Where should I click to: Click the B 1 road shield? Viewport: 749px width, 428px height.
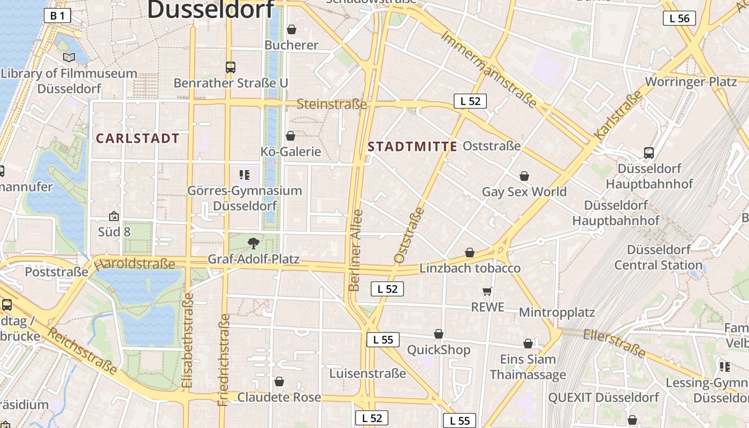coord(57,16)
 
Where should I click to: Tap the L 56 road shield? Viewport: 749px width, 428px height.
coord(679,18)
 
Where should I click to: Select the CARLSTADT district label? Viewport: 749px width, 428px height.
coord(137,139)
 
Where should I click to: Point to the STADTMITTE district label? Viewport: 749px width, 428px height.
coord(412,147)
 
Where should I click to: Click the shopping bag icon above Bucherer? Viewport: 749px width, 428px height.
coord(292,29)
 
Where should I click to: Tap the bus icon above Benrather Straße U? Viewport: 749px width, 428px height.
coord(231,67)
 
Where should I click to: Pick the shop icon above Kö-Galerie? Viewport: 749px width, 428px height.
coord(291,136)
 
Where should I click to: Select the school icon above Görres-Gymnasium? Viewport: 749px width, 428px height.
coord(244,175)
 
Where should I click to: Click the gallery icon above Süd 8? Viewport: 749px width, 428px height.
coord(114,216)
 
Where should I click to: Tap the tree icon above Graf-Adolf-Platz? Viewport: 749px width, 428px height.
coord(254,244)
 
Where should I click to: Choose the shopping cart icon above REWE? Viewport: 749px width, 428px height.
coord(487,292)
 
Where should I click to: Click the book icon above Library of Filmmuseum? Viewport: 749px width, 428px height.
coord(68,58)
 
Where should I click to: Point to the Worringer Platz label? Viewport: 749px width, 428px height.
coord(691,82)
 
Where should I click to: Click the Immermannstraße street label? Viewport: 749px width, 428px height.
coord(488,68)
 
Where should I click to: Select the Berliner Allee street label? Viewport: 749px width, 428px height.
coord(356,250)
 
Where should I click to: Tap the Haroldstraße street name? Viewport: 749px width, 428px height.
coord(134,264)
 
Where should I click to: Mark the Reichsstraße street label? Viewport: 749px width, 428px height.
coord(82,351)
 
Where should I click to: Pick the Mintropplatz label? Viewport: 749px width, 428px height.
coord(557,312)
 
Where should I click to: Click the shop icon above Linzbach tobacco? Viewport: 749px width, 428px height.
coord(470,253)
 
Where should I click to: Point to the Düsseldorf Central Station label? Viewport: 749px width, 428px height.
coord(658,257)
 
